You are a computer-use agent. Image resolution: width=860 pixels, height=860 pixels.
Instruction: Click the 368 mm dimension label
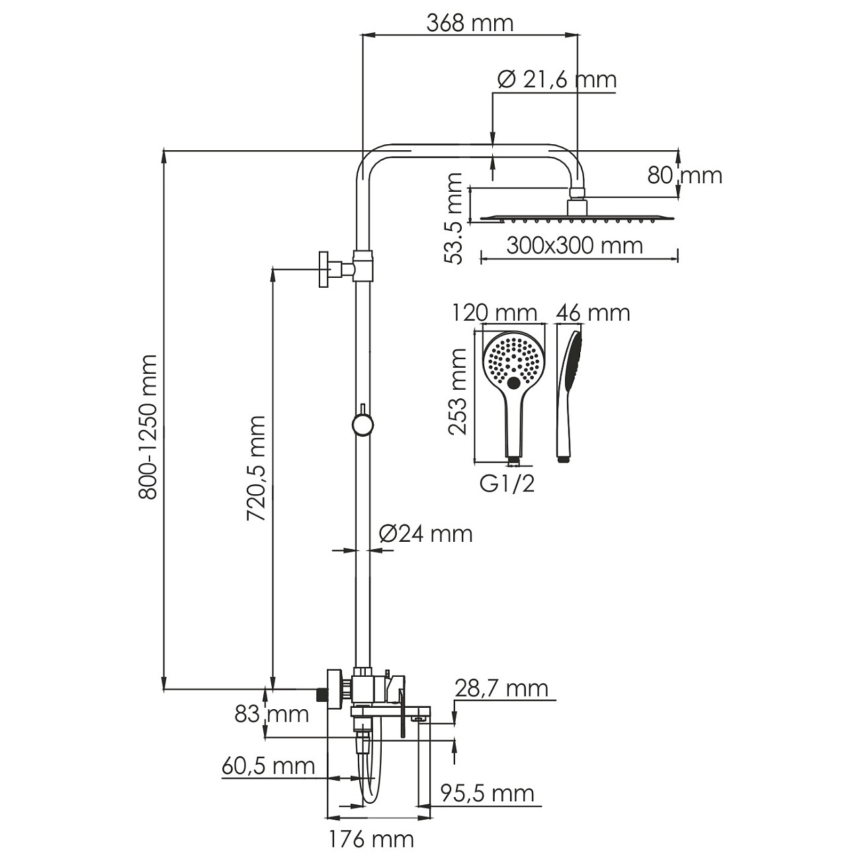point(470,23)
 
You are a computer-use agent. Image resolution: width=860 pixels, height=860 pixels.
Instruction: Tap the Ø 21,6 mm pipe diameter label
point(556,80)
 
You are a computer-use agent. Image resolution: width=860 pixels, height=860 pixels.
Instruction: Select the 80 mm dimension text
point(685,175)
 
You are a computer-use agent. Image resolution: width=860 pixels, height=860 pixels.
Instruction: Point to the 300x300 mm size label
point(575,245)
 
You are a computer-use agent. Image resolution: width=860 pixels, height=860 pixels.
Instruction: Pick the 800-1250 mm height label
point(148,427)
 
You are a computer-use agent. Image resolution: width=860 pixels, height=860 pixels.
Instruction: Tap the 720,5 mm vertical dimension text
point(257,468)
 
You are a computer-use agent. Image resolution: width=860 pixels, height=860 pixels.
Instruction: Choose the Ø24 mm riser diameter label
point(426,534)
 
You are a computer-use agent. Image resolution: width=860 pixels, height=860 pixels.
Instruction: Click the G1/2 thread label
point(507,483)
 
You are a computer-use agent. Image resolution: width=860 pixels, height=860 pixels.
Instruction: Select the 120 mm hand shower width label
point(494,312)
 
